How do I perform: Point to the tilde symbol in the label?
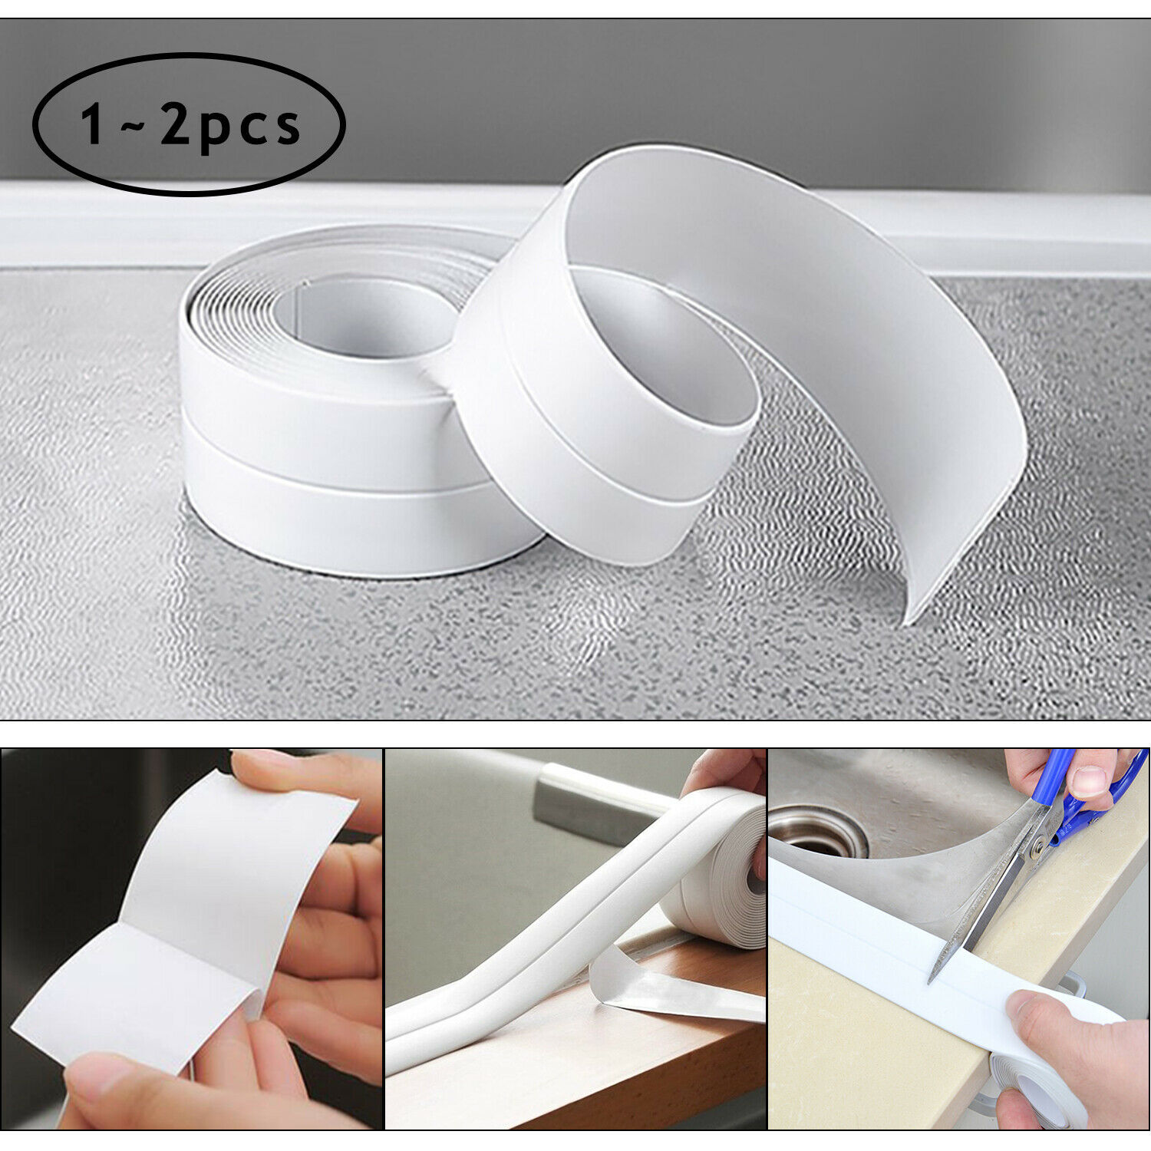pyautogui.click(x=133, y=125)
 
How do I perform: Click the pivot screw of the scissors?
pyautogui.click(x=1037, y=848)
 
